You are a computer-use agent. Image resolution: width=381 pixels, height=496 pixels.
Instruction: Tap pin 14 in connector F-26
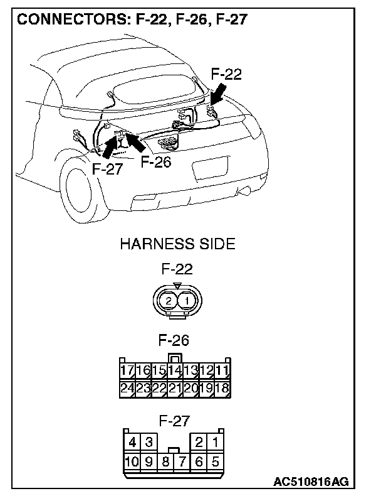(x=175, y=370)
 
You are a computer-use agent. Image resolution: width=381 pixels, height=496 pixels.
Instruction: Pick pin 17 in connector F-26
(x=127, y=370)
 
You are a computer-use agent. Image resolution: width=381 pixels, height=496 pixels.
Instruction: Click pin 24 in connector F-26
(x=127, y=389)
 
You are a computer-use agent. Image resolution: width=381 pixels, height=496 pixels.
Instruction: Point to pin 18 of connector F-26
(x=222, y=389)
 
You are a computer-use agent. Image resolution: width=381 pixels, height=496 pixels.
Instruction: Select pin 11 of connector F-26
(x=222, y=370)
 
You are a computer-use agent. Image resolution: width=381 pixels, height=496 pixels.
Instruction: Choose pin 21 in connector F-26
(x=175, y=389)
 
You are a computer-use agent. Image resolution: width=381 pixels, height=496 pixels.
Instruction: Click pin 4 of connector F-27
(x=132, y=443)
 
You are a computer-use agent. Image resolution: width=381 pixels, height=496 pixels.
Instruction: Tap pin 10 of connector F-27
(x=132, y=462)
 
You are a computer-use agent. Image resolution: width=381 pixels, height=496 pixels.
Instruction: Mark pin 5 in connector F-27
(x=216, y=462)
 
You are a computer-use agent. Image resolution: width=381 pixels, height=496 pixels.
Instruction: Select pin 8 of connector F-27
(x=165, y=462)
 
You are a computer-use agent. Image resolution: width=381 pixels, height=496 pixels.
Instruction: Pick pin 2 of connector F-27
(x=199, y=443)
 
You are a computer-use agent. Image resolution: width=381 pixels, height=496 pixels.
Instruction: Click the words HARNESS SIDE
(x=177, y=244)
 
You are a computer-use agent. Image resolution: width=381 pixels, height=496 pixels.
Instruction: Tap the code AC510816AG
(x=310, y=482)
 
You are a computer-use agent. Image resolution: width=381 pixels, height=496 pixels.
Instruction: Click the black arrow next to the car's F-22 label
(x=219, y=97)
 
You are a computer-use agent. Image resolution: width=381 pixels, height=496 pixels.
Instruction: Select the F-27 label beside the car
(x=107, y=169)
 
